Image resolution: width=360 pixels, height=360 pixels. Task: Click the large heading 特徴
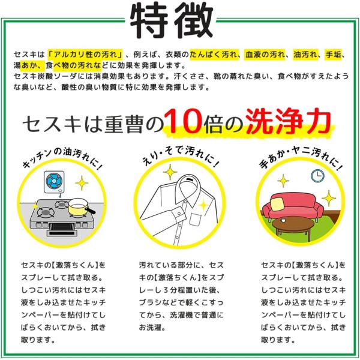point(172,20)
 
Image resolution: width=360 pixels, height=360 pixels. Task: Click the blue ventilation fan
point(54,181)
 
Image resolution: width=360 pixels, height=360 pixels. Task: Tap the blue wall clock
point(317,176)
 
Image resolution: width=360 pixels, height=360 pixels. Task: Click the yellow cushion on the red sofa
point(278,203)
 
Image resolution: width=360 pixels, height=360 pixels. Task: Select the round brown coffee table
point(292,226)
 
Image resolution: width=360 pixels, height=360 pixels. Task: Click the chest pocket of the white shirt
point(195,220)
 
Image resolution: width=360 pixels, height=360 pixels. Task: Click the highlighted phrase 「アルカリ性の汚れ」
point(85,55)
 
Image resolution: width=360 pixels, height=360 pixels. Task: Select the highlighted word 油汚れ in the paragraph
point(305,55)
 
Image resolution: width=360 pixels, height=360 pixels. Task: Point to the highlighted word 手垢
point(334,55)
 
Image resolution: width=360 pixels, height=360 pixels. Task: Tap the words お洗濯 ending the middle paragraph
point(152,327)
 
